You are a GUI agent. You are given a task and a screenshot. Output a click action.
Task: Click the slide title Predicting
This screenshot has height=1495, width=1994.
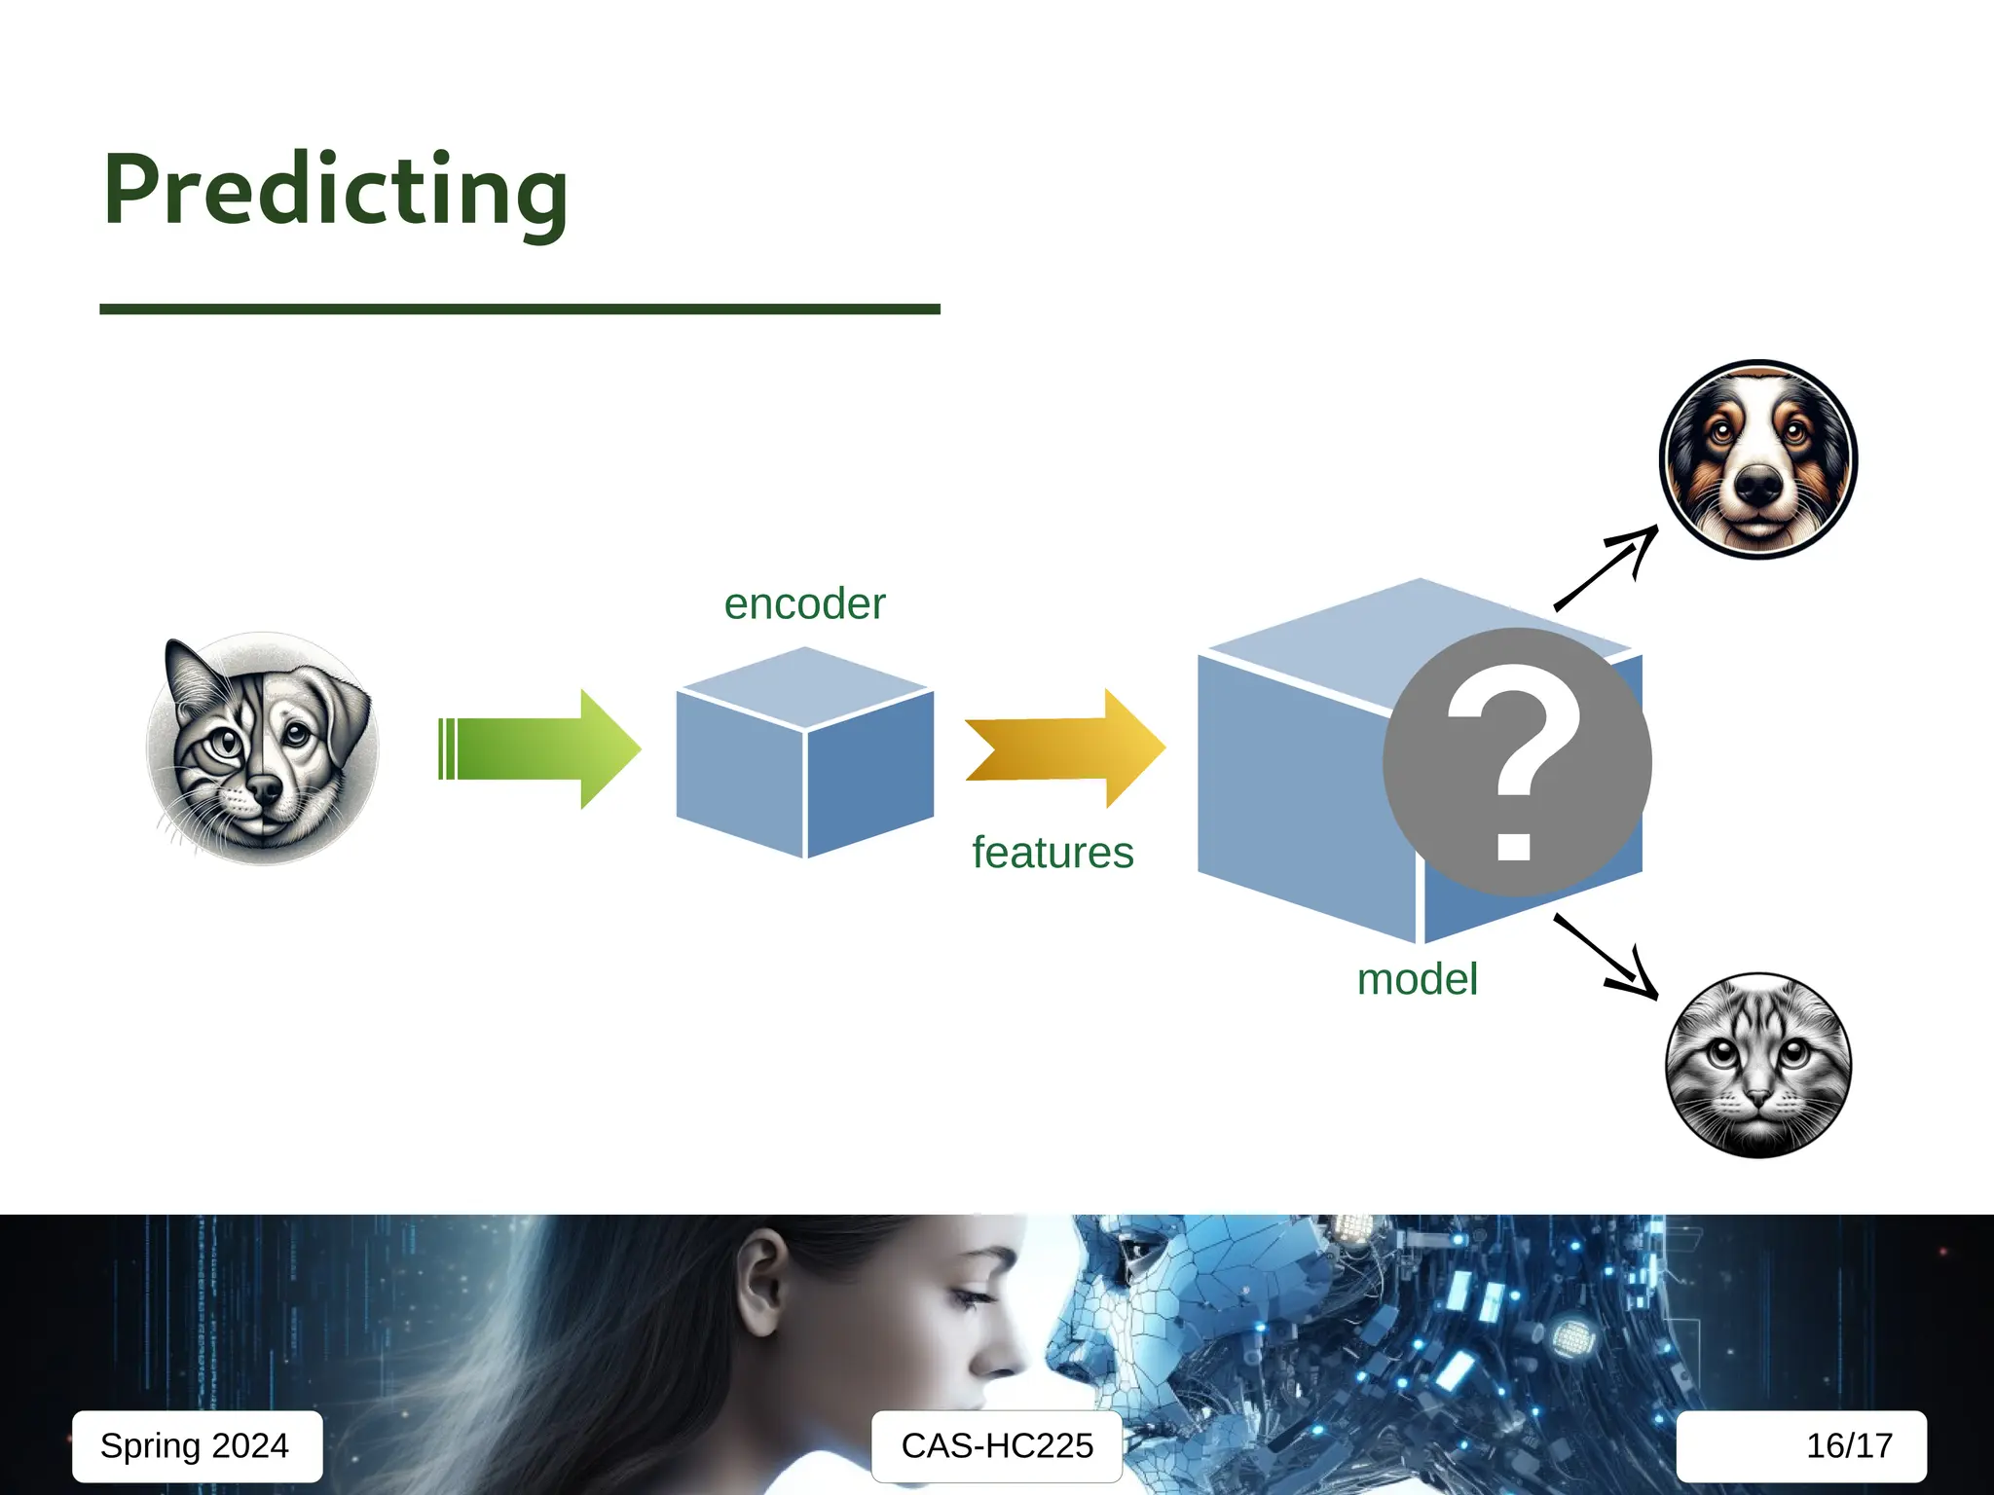coord(335,191)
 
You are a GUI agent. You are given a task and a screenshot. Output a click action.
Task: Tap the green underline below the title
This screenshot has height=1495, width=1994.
coord(519,310)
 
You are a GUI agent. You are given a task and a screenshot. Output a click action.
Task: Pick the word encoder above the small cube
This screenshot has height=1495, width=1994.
coord(804,604)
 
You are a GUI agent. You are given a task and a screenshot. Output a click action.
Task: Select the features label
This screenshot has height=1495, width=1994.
coord(1052,853)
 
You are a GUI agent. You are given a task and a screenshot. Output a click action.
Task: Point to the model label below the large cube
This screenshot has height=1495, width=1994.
coord(1417,979)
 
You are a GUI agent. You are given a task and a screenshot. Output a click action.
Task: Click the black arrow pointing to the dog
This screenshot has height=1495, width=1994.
coord(1606,568)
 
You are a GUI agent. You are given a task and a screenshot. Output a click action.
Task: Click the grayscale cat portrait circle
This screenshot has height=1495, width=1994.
coord(1757,1065)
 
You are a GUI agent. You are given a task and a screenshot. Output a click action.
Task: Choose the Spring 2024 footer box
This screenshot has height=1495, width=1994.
coord(196,1445)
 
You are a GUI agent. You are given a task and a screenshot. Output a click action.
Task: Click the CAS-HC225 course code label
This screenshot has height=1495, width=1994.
coord(996,1445)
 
